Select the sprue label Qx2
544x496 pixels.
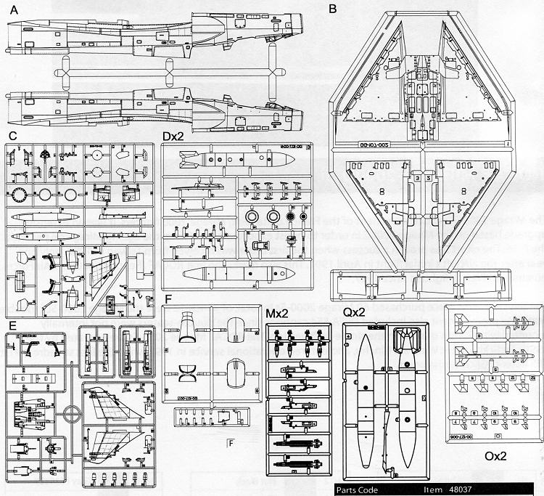click(x=355, y=312)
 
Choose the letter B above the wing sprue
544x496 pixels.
click(x=333, y=9)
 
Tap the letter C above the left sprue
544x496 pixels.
click(x=12, y=135)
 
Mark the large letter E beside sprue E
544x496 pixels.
click(x=12, y=324)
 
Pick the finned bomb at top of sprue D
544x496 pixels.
click(x=218, y=158)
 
